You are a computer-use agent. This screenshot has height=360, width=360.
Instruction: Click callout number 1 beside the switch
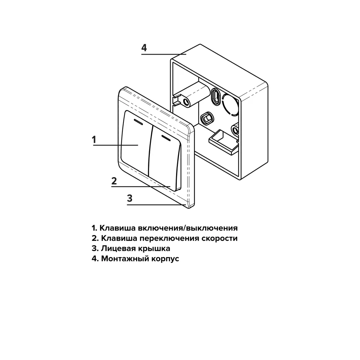94,139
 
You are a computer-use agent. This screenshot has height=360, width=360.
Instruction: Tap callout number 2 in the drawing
114,181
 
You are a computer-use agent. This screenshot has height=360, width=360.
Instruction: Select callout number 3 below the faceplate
130,198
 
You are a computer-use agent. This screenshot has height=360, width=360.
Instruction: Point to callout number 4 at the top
144,48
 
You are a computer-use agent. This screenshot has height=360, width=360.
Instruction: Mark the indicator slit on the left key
138,122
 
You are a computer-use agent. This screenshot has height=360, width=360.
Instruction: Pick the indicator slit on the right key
166,138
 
